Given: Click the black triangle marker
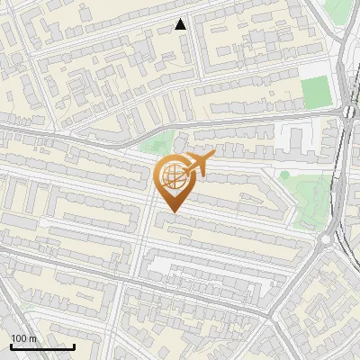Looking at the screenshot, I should click(x=181, y=24).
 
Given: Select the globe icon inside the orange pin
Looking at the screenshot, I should click(x=170, y=178).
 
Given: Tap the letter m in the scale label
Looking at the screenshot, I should click(x=32, y=338).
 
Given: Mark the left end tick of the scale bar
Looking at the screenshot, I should click(x=10, y=346).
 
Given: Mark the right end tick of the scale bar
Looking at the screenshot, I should click(x=74, y=346).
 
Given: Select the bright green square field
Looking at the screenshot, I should click(x=315, y=91).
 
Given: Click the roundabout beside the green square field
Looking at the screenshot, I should click(x=349, y=112).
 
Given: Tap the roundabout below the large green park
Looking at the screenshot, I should click(x=326, y=240).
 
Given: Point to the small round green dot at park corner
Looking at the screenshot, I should click(x=284, y=174).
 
